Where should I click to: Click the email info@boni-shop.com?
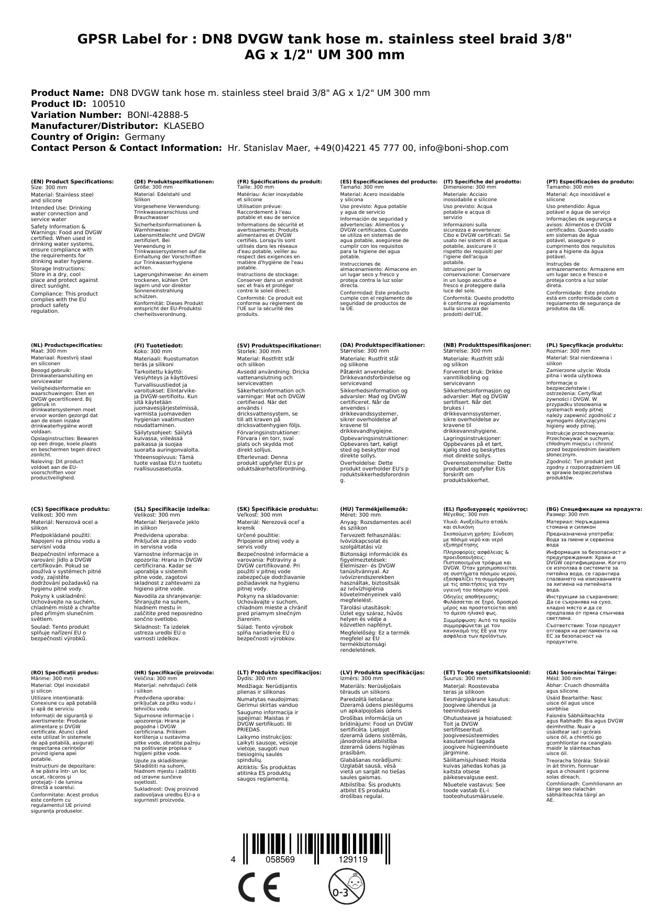tap(464, 148)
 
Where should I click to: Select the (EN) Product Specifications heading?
tap(72, 181)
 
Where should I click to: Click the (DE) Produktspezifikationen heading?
tap(174, 181)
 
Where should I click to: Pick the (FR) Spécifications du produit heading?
tap(279, 181)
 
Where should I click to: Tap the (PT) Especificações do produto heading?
tap(590, 181)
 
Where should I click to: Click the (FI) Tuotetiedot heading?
tap(158, 345)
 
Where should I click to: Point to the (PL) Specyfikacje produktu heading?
tap(585, 345)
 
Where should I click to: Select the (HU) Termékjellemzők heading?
tap(373, 509)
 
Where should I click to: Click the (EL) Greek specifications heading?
tap(486, 509)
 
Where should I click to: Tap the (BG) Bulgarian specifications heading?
tap(594, 509)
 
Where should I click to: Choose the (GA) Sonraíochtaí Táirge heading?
tap(581, 672)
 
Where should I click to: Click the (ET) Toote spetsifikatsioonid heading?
tap(487, 672)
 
